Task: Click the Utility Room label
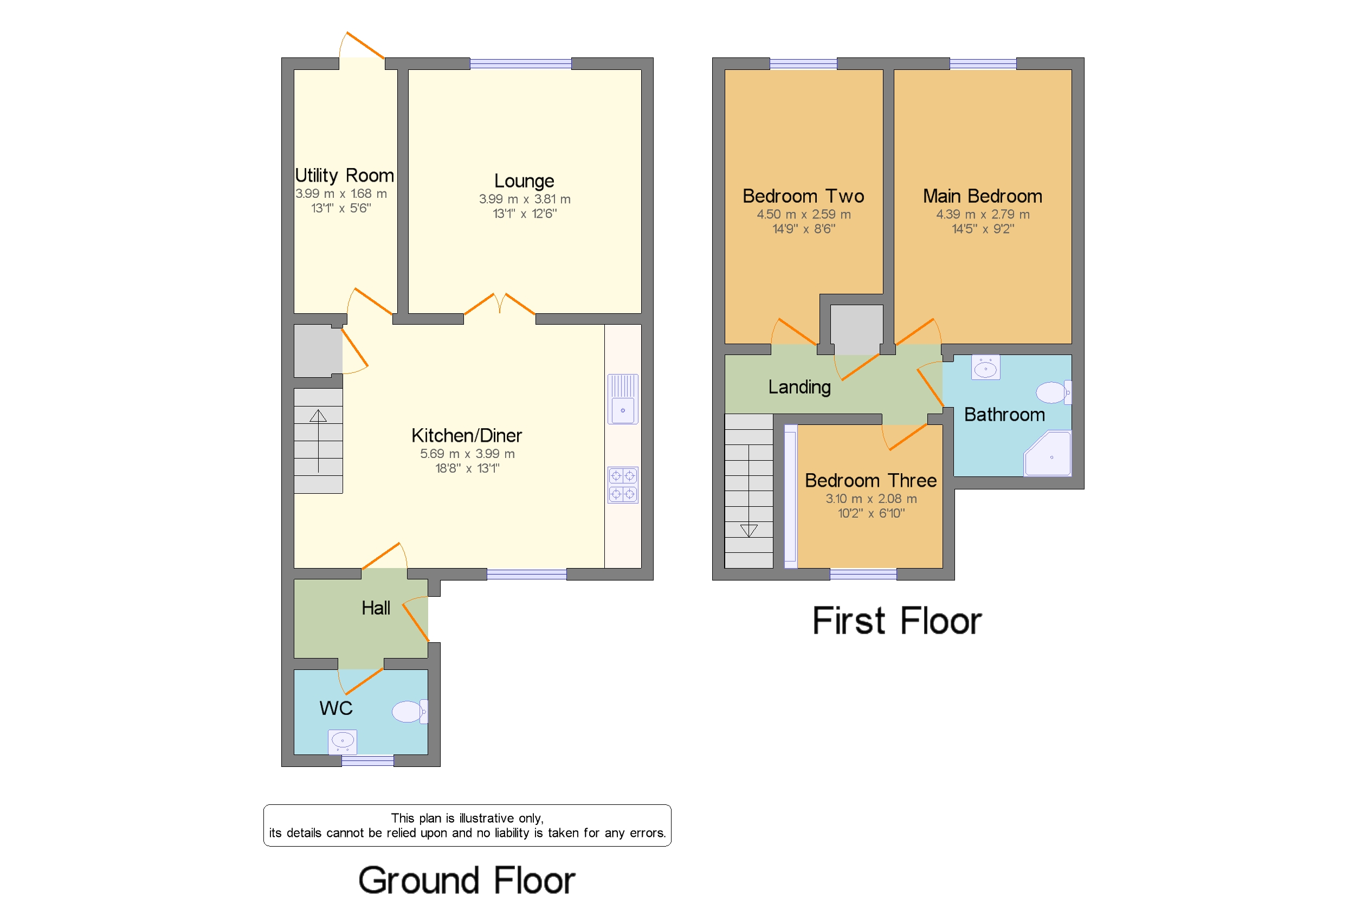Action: tap(344, 175)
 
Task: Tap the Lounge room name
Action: tap(524, 182)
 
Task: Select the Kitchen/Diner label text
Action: tap(467, 435)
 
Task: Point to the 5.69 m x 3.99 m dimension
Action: tap(467, 454)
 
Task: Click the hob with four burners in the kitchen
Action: tap(623, 485)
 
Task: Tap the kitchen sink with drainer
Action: tap(623, 399)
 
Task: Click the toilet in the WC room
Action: tap(410, 711)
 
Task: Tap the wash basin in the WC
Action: tap(343, 741)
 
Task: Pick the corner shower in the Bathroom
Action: tap(1048, 454)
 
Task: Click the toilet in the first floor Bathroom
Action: tap(1054, 393)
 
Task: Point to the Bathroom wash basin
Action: tap(986, 367)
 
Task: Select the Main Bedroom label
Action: tap(983, 196)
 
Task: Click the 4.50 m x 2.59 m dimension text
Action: tap(803, 214)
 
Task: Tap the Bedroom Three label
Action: tap(870, 480)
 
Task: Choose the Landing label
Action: tap(799, 387)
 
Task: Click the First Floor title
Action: tap(896, 621)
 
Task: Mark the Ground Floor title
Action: tap(467, 880)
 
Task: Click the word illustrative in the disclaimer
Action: tap(487, 818)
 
